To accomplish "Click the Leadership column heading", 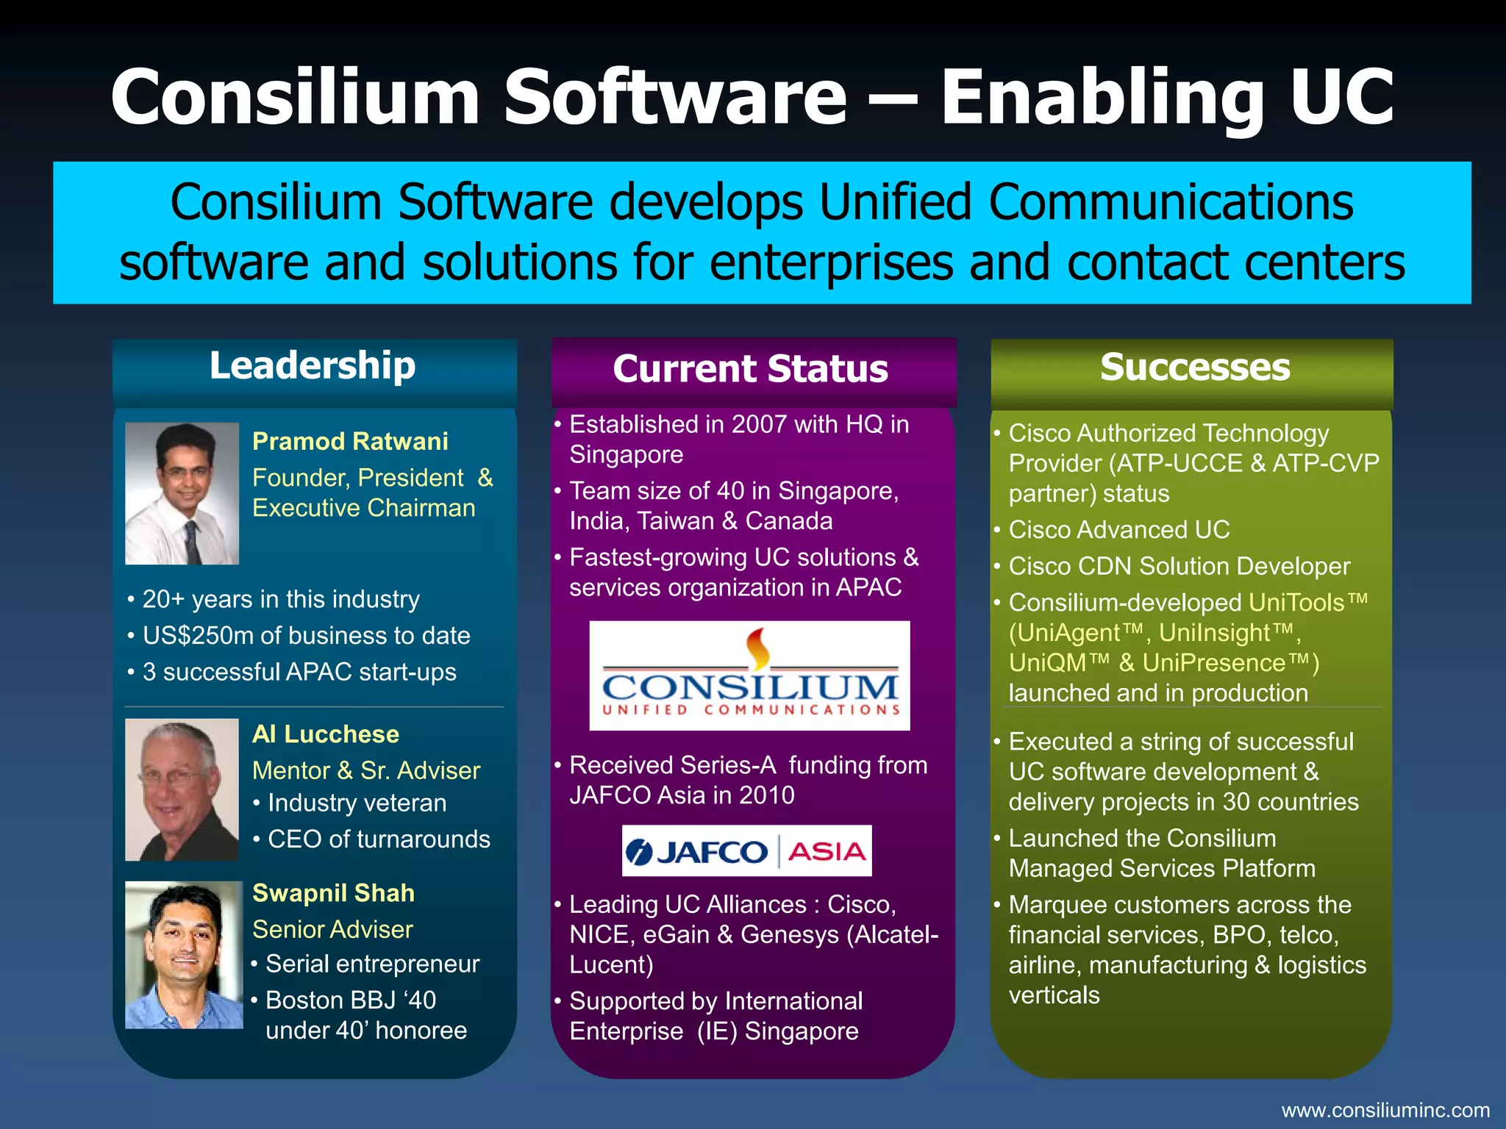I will point(313,366).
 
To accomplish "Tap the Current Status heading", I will point(750,369).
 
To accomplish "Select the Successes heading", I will point(1194,367).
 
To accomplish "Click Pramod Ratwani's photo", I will point(182,493).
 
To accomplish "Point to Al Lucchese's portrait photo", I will point(182,789).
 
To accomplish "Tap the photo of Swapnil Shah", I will point(184,954).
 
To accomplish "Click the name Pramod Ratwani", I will point(350,441).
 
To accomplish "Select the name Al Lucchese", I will point(326,734).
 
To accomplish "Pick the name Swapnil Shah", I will point(333,892).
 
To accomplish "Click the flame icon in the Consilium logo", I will point(757,648).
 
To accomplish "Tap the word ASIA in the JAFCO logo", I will point(827,852).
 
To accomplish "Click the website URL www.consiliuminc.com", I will point(1385,1110).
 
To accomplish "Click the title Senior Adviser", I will point(332,929).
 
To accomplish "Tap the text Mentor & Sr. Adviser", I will point(365,770).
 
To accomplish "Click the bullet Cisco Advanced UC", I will point(1118,529).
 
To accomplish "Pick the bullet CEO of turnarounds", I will point(379,839).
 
